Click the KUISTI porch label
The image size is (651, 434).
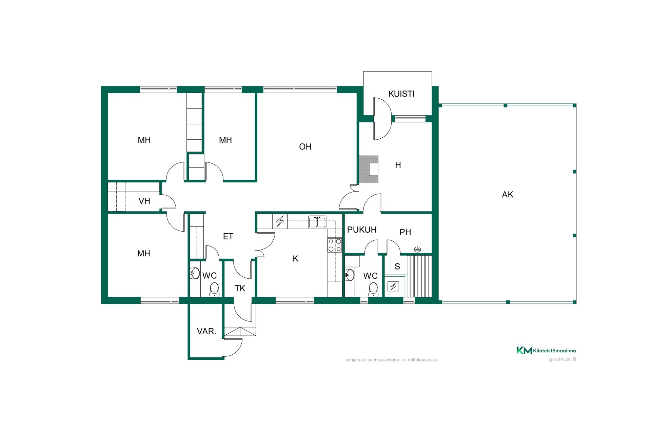(401, 94)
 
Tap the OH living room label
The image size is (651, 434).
(305, 146)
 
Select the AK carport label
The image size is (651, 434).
(508, 194)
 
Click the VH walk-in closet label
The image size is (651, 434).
(144, 201)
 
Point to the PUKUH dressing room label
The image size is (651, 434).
(362, 230)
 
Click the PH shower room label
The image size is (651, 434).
(405, 232)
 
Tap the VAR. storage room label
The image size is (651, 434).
(206, 331)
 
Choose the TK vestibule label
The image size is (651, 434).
(240, 288)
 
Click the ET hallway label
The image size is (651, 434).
(228, 236)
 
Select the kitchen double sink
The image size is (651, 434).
(317, 222)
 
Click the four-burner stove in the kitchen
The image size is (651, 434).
(335, 245)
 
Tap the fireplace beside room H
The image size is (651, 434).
(369, 169)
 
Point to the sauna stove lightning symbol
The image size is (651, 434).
(393, 287)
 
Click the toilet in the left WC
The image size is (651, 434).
(214, 290)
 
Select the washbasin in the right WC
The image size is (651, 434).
(350, 275)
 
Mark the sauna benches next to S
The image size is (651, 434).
(419, 276)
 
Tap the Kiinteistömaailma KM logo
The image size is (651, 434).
(546, 350)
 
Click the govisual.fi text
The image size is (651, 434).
(562, 359)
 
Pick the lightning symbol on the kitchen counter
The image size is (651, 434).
(280, 221)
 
